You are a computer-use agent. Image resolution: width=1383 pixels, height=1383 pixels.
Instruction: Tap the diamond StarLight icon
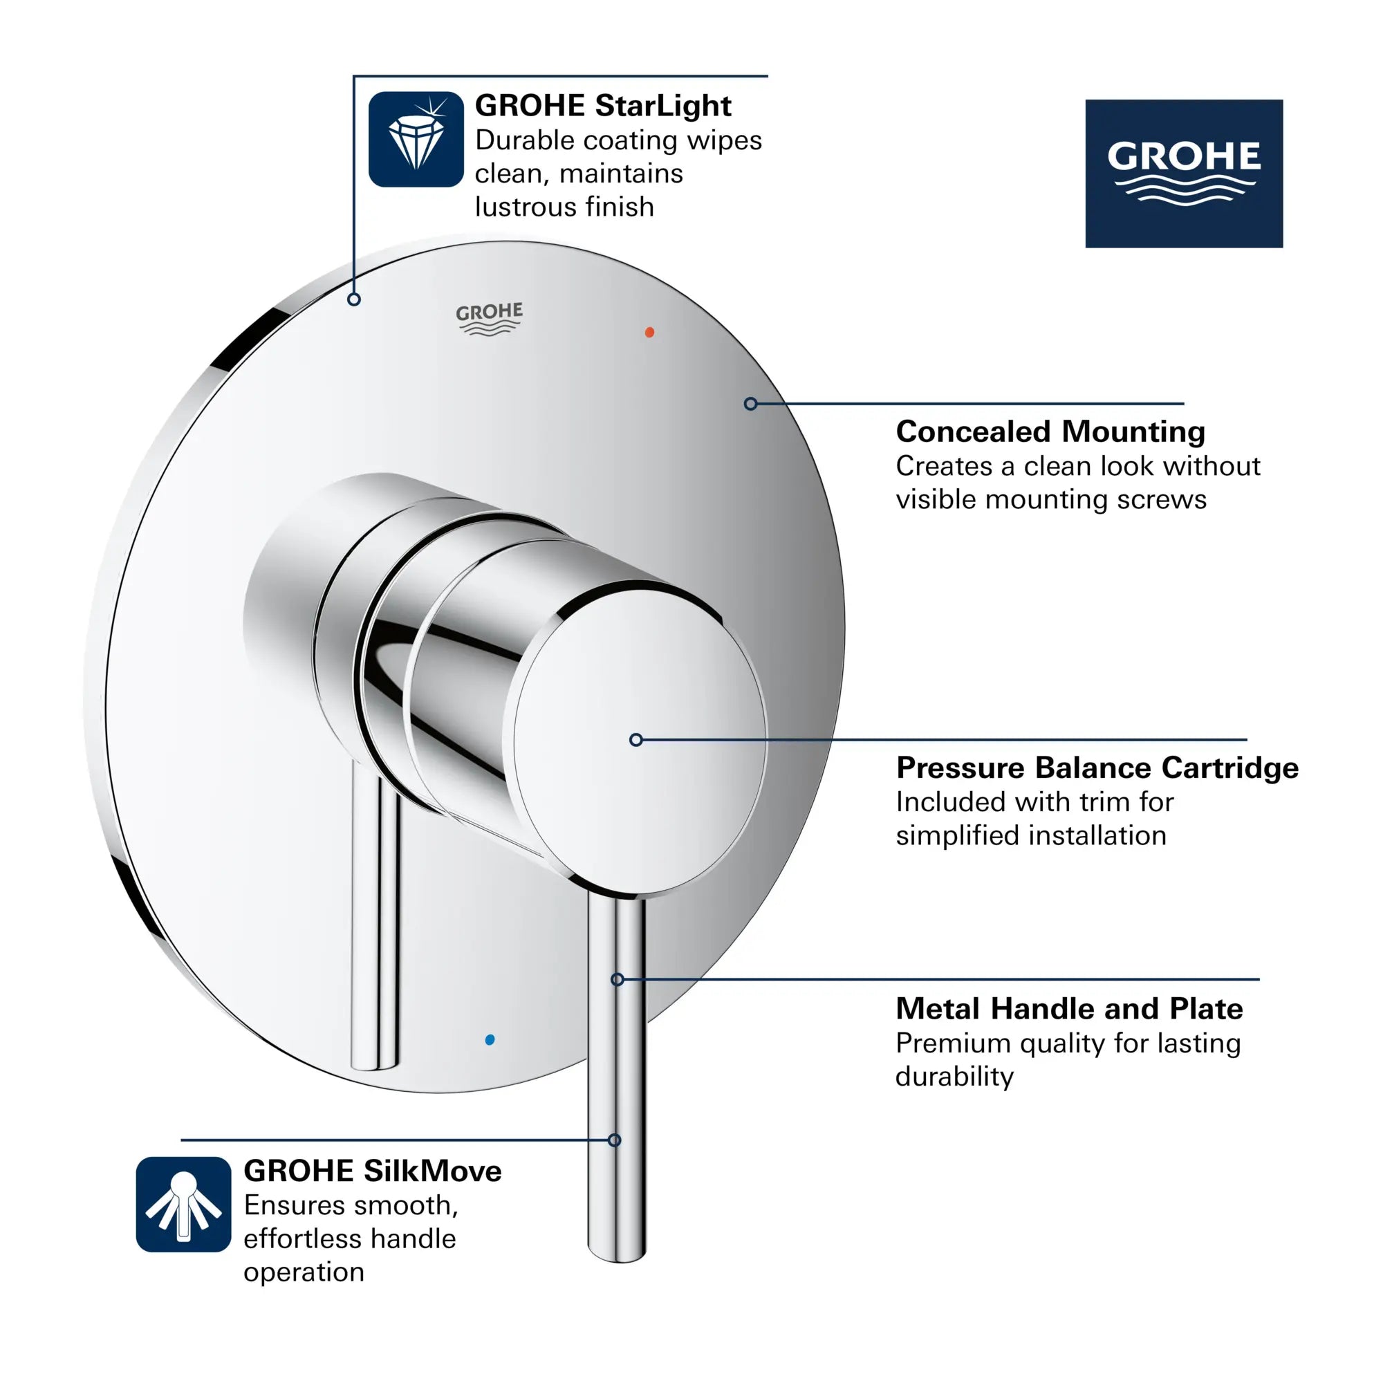pyautogui.click(x=416, y=139)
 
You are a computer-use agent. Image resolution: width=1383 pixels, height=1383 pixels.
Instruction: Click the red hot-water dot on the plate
pyautogui.click(x=649, y=332)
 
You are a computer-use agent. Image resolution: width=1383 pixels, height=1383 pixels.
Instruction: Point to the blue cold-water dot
pyautogui.click(x=490, y=1039)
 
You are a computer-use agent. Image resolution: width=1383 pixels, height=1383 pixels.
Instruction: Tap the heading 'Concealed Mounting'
pyautogui.click(x=1050, y=431)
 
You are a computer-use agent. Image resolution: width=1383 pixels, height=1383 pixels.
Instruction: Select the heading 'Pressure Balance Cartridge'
pyautogui.click(x=1097, y=768)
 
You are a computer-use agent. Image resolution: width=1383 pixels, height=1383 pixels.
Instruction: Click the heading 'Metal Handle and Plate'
pyautogui.click(x=1069, y=1009)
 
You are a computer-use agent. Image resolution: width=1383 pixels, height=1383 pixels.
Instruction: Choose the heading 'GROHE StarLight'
pyautogui.click(x=603, y=106)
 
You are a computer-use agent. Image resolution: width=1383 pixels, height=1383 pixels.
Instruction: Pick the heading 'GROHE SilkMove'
pyautogui.click(x=372, y=1171)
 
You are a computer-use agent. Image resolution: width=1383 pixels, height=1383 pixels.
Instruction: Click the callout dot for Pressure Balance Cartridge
pyautogui.click(x=635, y=739)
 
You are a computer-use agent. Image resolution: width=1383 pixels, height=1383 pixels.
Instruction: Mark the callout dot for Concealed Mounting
pyautogui.click(x=750, y=404)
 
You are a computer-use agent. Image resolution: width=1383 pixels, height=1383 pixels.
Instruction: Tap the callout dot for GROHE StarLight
pyautogui.click(x=353, y=299)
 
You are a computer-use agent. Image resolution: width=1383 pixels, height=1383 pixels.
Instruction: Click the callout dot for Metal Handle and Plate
pyautogui.click(x=617, y=979)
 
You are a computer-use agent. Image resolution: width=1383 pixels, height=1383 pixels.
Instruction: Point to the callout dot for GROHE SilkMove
pyautogui.click(x=614, y=1140)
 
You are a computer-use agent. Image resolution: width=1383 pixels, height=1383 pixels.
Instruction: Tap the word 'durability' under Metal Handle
pyautogui.click(x=954, y=1077)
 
